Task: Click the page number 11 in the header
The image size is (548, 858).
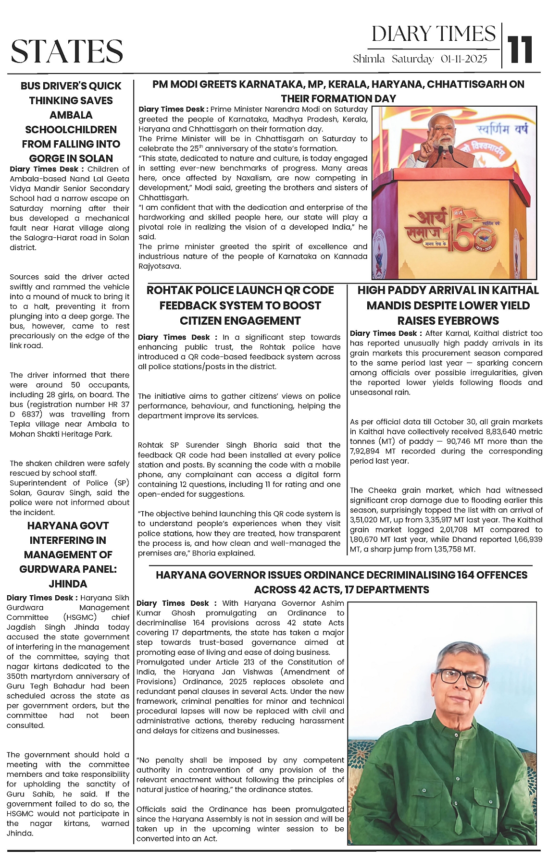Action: pos(521,49)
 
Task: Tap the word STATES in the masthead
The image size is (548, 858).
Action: pos(67,51)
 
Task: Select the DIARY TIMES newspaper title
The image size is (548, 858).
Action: pos(433,34)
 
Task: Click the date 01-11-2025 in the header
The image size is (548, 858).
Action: pos(464,59)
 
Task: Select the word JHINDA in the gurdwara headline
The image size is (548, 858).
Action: pos(68,584)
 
